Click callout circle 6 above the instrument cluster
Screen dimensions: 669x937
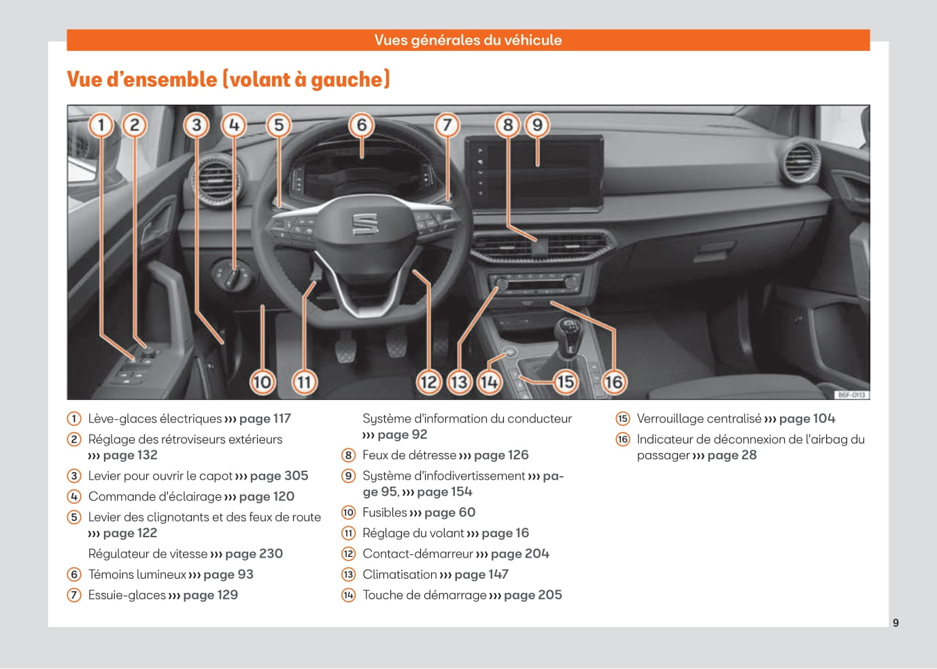coord(362,125)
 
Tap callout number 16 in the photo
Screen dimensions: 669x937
coord(613,382)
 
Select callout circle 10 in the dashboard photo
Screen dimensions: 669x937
coord(262,382)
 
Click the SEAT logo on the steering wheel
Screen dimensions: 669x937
coord(365,224)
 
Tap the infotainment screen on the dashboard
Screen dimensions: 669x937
coord(534,173)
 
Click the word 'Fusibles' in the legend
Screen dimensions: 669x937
coord(384,512)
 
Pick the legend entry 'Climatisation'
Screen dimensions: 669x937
coord(399,574)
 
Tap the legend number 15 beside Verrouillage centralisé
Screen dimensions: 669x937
coord(623,418)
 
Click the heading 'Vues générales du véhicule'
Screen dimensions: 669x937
coord(468,40)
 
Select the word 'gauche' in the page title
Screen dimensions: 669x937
coord(347,79)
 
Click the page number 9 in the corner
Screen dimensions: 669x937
coord(896,623)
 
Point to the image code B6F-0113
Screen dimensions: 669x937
coord(851,395)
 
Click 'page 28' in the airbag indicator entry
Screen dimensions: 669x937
coord(732,455)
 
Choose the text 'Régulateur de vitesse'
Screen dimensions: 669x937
coord(148,554)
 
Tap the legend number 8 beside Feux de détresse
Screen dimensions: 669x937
coord(348,455)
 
